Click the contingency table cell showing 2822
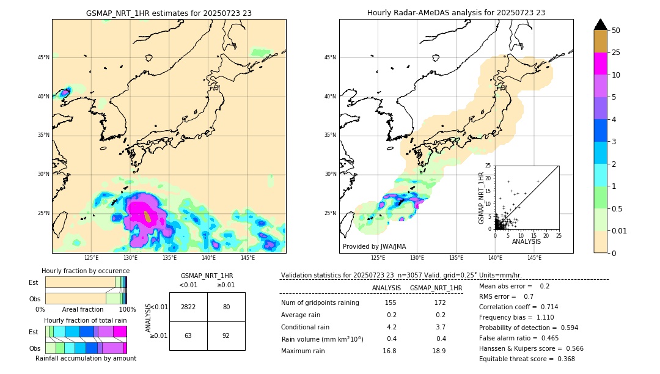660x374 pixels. (x=188, y=307)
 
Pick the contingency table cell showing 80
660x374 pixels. (x=226, y=307)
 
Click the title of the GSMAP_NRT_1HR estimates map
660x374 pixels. (x=169, y=13)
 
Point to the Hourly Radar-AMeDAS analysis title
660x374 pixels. (x=456, y=13)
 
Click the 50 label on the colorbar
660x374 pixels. (x=616, y=31)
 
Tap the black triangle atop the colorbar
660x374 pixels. (x=601, y=24)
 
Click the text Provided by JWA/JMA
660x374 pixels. (x=374, y=246)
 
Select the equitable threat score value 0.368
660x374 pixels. (x=562, y=359)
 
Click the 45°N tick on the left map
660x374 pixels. (x=43, y=57)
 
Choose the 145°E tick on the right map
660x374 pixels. (x=533, y=258)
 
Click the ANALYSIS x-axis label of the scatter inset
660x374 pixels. (x=526, y=241)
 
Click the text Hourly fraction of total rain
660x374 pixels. (x=86, y=320)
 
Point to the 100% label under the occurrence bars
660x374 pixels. (x=127, y=310)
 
